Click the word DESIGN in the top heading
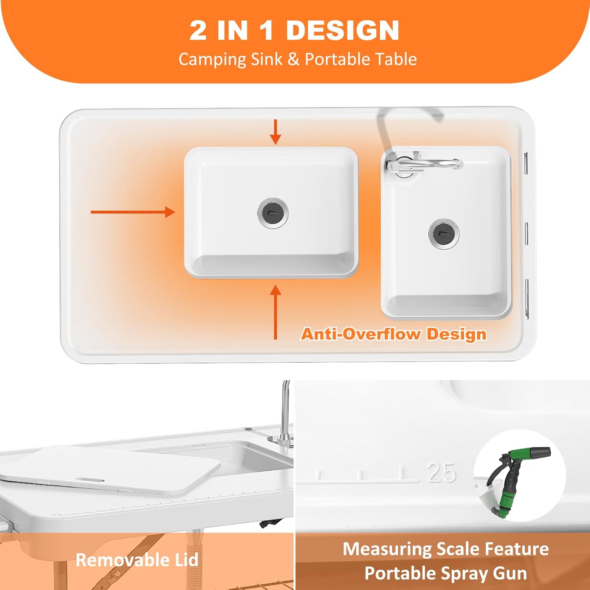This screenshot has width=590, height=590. tap(343, 30)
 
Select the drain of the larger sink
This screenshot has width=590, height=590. tap(273, 212)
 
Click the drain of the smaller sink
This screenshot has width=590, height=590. tap(444, 234)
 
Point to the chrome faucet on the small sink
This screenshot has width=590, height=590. tap(421, 164)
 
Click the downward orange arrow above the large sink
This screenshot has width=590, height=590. tap(275, 132)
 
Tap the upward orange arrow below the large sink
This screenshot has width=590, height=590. tap(275, 312)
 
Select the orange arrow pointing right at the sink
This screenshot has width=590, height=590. tap(133, 212)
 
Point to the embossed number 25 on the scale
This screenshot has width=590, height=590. tap(442, 473)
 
